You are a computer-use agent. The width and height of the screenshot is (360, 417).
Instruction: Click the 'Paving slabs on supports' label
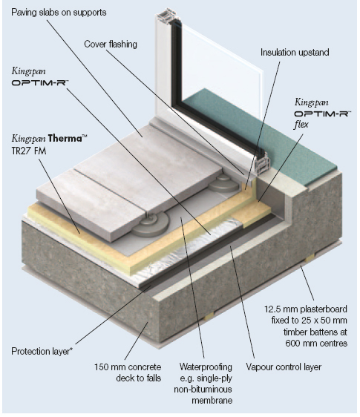point(59,13)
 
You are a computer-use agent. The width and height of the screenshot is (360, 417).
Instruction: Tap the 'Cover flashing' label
point(111,44)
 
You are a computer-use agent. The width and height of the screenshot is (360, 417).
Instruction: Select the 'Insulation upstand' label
point(295,53)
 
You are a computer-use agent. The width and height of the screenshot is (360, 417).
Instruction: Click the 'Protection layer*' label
point(42,351)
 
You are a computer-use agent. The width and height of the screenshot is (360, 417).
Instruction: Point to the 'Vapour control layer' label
point(284,367)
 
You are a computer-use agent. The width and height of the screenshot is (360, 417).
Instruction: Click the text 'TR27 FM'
point(29,151)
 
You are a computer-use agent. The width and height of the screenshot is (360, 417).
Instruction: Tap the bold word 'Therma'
point(65,139)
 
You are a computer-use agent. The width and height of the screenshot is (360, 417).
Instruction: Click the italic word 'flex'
point(301,125)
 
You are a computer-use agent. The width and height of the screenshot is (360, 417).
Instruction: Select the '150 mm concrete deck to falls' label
point(128,372)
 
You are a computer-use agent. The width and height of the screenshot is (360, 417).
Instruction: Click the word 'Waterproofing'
point(206,367)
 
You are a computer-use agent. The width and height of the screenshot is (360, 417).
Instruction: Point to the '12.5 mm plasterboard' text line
point(306,309)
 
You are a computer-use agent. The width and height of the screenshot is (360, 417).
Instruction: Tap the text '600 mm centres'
point(316,344)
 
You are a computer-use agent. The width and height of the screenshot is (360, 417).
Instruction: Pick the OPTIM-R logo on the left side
point(40,82)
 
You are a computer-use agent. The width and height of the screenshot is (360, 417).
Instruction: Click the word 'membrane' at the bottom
point(212,400)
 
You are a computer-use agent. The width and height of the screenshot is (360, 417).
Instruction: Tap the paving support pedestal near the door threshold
point(224,184)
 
